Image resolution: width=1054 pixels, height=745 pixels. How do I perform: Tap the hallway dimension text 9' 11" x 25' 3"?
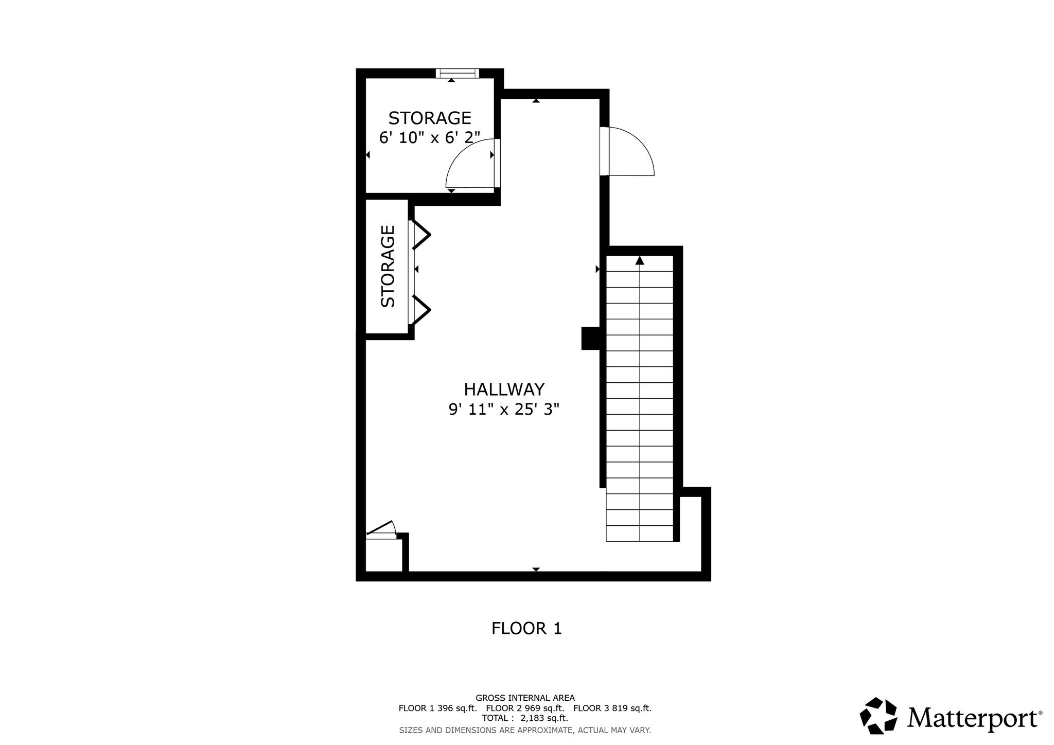(504, 410)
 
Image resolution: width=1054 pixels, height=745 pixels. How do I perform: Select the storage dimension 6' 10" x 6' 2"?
(430, 138)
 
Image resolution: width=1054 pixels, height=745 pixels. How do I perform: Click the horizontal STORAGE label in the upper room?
(430, 118)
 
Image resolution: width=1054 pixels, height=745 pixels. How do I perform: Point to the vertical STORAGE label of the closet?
(388, 267)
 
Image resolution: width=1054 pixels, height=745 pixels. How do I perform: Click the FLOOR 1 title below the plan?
(526, 628)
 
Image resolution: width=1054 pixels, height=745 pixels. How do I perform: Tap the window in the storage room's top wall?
(458, 73)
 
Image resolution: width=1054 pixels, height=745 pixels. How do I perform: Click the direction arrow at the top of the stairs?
(640, 260)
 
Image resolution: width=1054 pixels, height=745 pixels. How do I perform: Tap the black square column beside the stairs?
(591, 339)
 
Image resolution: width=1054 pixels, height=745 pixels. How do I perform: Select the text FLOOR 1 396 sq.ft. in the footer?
(438, 708)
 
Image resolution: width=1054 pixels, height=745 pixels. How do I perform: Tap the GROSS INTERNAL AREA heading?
(525, 698)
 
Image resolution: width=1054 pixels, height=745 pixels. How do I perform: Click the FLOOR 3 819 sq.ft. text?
(612, 708)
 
